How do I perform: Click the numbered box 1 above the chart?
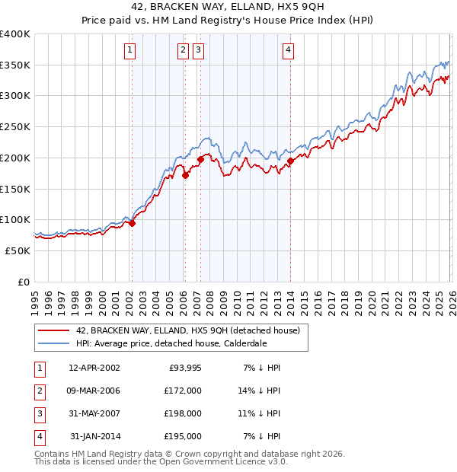[131, 51]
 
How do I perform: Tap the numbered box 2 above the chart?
[184, 51]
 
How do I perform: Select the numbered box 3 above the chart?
[199, 51]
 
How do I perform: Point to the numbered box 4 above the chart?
[289, 51]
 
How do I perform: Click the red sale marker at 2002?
[132, 223]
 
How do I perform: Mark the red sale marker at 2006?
[184, 175]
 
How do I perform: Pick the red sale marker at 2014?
[290, 161]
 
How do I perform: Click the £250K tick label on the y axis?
[14, 126]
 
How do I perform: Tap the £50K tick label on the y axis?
[18, 250]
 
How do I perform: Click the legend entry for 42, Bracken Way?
[188, 330]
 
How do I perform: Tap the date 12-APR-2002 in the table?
[94, 368]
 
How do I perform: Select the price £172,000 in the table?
[183, 391]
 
